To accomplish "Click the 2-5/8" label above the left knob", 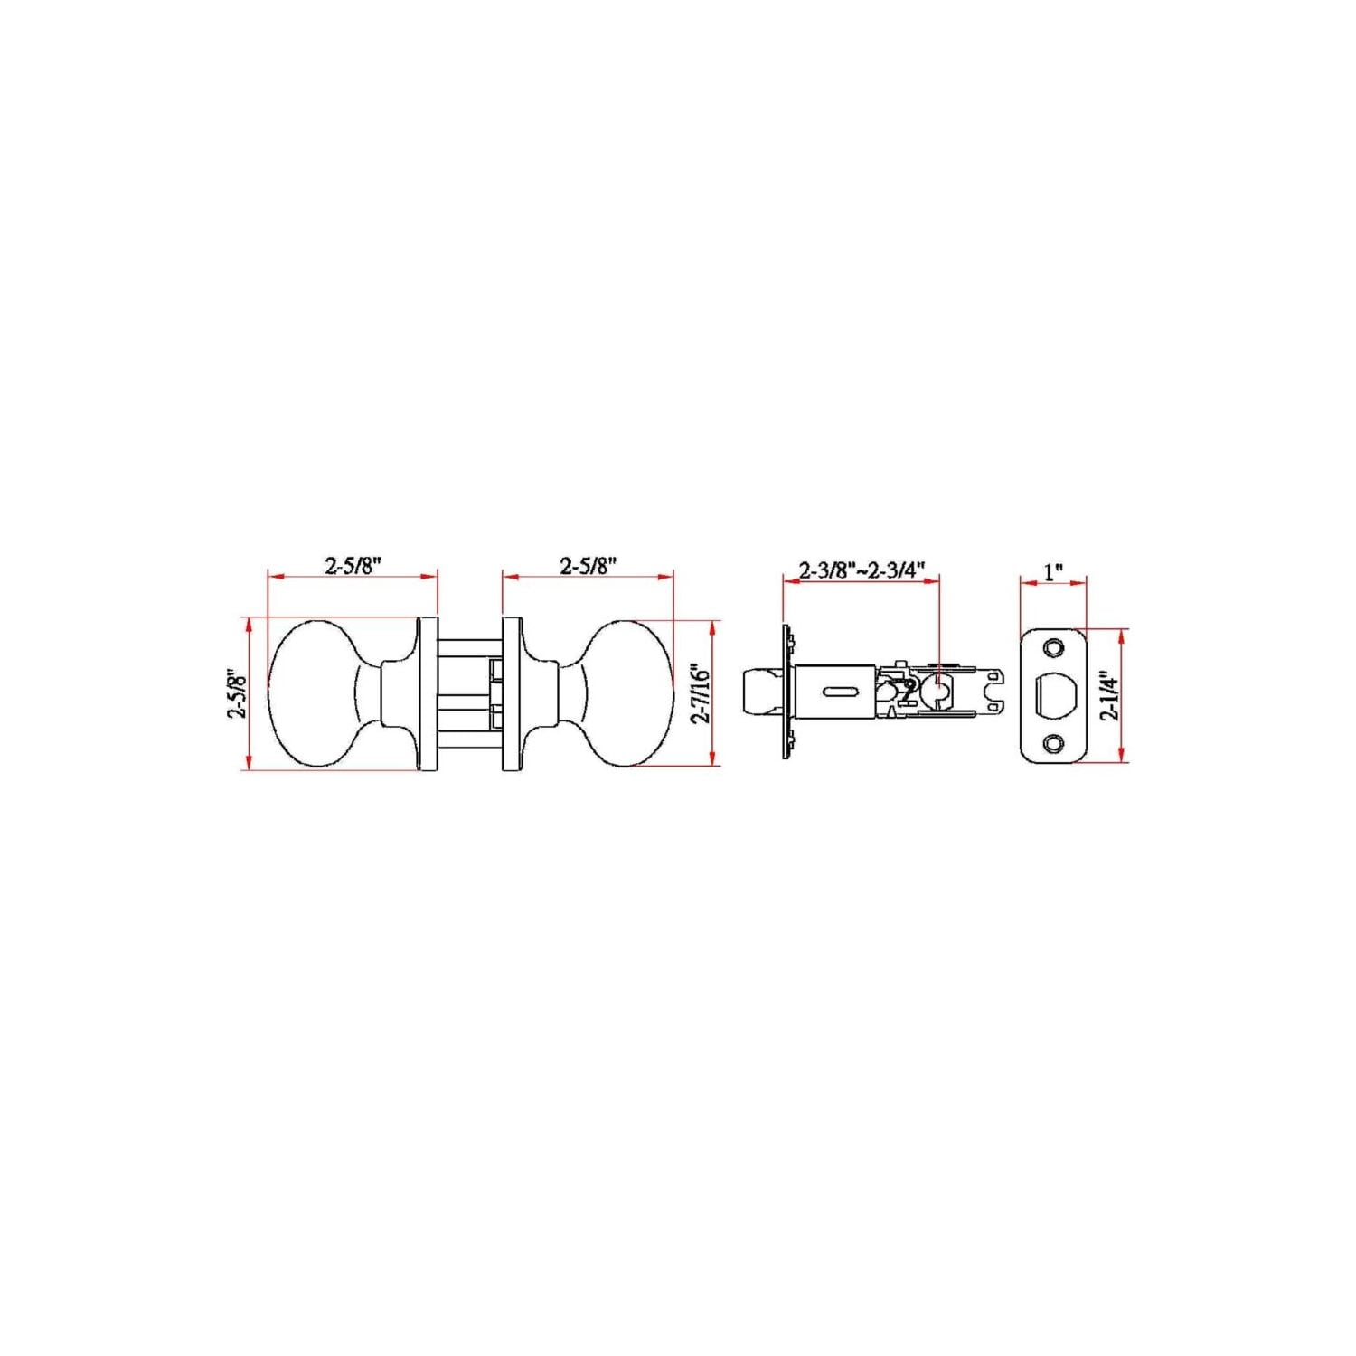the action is [353, 566].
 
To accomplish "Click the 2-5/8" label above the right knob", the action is [588, 566].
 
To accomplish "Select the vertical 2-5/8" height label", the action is [237, 693].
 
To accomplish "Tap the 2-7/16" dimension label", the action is [701, 692].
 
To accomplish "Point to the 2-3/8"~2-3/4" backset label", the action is [862, 570].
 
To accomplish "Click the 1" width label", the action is [1053, 571].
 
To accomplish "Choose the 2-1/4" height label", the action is [1109, 693].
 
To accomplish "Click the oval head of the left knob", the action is [312, 693].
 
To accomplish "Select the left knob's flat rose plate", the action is [428, 694].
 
